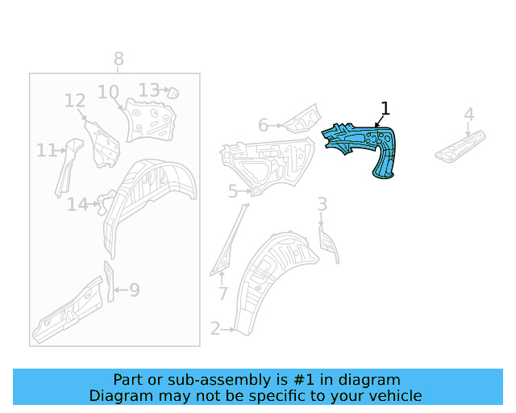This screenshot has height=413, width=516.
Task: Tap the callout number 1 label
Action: (385, 109)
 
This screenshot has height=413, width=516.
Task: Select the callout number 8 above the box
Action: (119, 59)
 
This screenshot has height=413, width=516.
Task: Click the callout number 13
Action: (149, 90)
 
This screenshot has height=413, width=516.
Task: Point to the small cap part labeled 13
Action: (173, 93)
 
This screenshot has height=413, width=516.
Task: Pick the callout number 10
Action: (108, 92)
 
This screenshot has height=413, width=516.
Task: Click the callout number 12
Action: (75, 101)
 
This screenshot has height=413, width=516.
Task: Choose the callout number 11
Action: (46, 151)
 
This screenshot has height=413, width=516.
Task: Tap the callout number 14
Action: (77, 204)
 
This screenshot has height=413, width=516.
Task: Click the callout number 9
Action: (135, 290)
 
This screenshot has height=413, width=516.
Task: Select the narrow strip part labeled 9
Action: (110, 282)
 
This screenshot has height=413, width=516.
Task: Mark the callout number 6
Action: (263, 126)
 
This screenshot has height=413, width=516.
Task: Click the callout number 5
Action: (233, 191)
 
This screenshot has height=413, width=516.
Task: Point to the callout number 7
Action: (223, 294)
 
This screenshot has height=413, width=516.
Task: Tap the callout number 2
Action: (215, 328)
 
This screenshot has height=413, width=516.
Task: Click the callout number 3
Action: (322, 204)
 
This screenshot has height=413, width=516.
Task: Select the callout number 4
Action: (469, 115)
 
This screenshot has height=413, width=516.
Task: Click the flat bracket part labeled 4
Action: (460, 146)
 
